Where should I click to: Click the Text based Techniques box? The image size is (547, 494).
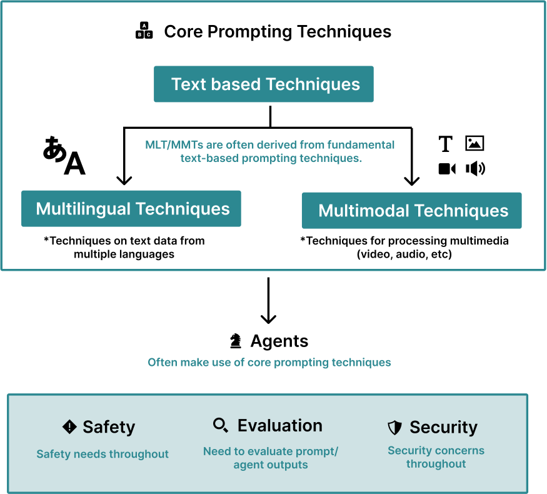264,84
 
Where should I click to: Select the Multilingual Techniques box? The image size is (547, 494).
131,209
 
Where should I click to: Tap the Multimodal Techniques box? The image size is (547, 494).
412,211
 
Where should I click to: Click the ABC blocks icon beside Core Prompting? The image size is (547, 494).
144,31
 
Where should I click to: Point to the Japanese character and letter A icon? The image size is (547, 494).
64,156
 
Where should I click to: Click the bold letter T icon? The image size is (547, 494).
445,144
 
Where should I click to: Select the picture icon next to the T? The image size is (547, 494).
475,144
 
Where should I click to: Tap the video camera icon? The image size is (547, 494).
447,169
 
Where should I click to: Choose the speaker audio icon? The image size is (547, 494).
475,168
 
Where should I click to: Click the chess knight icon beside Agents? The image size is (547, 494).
236,341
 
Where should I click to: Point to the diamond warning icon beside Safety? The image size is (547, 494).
69,427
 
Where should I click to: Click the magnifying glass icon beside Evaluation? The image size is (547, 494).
220,426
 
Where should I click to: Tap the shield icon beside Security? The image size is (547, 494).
394,428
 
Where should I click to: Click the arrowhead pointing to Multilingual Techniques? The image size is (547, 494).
124,180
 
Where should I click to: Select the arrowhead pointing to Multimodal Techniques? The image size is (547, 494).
411,181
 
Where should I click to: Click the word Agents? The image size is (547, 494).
279,341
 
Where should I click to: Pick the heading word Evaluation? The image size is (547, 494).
280,426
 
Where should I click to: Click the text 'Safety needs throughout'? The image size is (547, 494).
103,454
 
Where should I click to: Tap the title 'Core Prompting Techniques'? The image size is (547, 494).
278,32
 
